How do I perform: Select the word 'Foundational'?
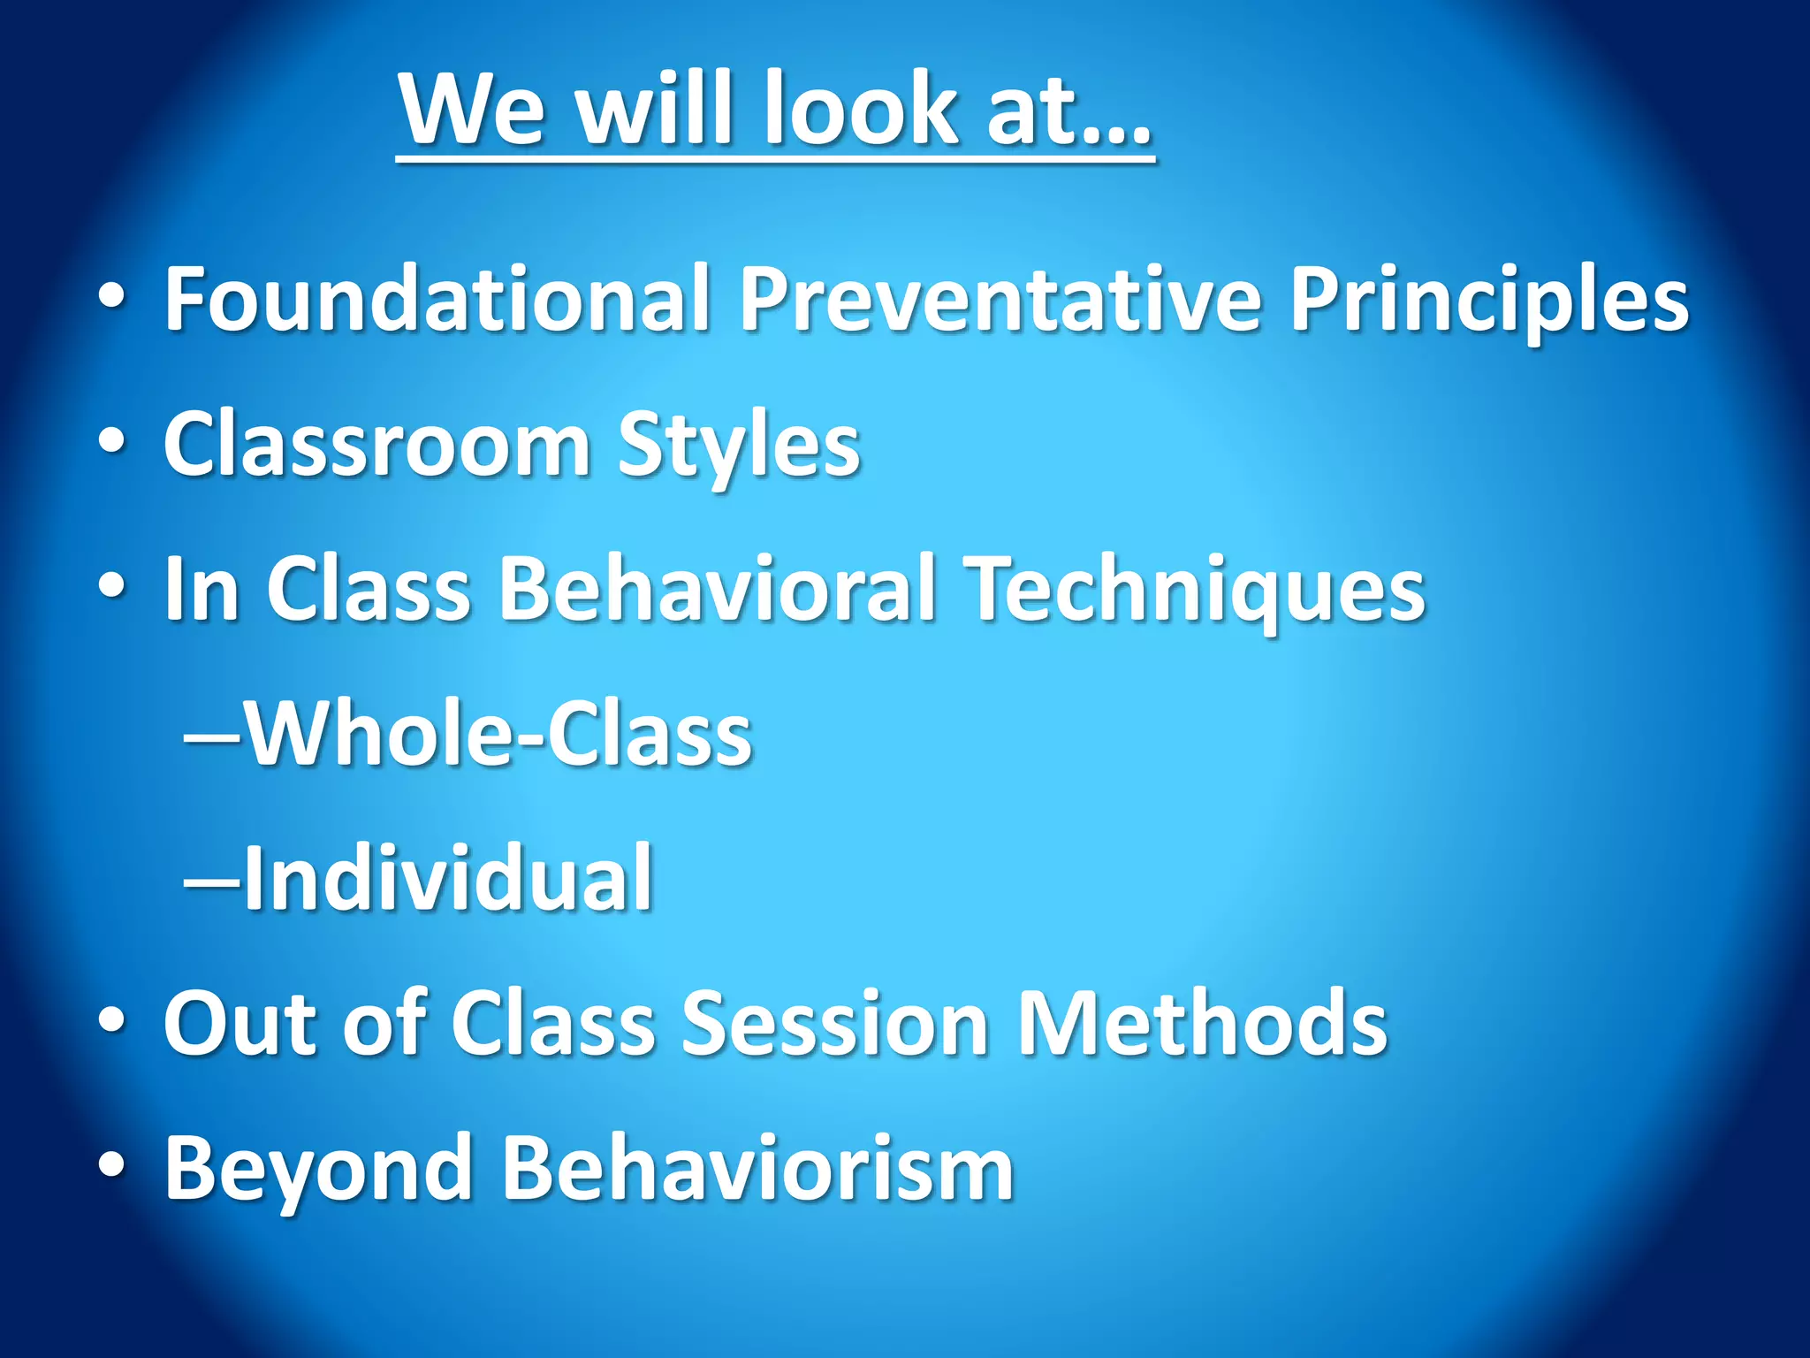[x=437, y=298]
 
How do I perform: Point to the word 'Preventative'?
[x=1000, y=298]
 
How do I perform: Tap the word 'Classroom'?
[x=376, y=445]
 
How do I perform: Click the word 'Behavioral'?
[x=717, y=589]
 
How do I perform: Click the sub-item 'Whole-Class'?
[x=498, y=734]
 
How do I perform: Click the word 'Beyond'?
[x=318, y=1171]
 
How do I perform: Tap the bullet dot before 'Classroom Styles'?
[x=111, y=441]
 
